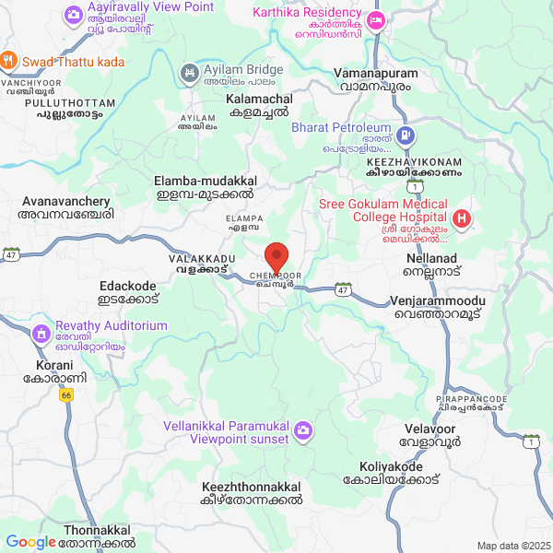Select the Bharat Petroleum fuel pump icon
point(406,137)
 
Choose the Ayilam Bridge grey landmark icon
point(190,72)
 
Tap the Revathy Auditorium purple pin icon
point(41,333)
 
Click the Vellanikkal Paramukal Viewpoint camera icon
point(304,430)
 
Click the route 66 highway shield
point(66,394)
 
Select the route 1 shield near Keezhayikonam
point(418,187)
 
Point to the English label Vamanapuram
point(378,73)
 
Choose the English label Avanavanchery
point(65,201)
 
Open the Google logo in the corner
point(30,542)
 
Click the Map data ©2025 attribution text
point(512,546)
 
